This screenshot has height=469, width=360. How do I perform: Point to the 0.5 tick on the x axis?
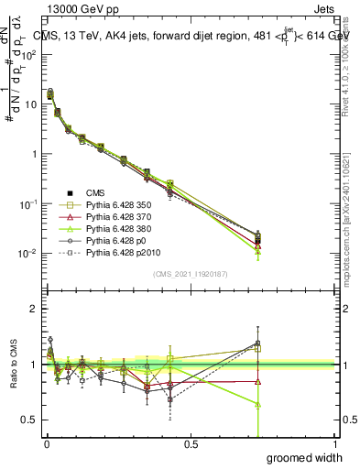(191, 444)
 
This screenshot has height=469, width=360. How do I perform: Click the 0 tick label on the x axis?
(46, 444)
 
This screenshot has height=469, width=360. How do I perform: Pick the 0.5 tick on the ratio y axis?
(32, 420)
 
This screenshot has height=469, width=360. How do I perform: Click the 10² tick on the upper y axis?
(29, 54)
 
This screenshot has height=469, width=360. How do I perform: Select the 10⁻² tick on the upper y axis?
(29, 253)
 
